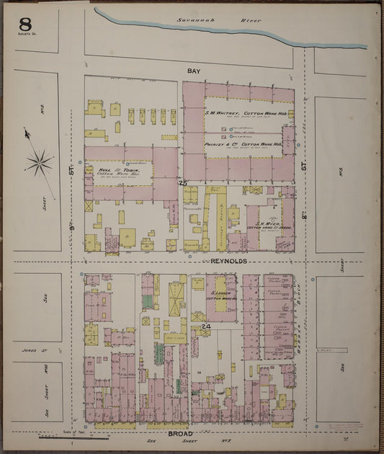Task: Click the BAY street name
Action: [193, 71]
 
